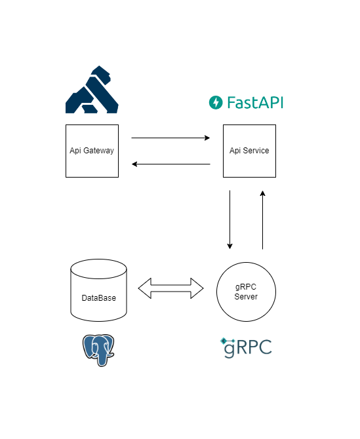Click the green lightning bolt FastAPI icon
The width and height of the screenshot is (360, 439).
coord(216,102)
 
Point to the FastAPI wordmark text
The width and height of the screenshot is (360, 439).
coord(255,102)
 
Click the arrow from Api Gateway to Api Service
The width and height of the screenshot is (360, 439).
coord(170,138)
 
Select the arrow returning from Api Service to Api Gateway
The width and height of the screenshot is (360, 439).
coord(171,164)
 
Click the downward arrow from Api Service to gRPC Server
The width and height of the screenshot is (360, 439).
coord(230,220)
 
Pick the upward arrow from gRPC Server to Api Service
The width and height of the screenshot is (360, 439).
coord(262,220)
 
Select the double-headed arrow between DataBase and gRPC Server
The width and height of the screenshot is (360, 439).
coord(171,288)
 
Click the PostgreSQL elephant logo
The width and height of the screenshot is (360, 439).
coord(98,351)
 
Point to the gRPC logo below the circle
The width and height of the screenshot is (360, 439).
coord(246,348)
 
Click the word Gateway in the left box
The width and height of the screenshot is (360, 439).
coord(98,151)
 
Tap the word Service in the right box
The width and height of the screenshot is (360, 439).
coord(256,151)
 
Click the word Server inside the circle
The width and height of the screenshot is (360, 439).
coord(246,297)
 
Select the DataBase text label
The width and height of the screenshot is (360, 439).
coord(98,298)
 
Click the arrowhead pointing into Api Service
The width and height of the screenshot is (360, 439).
coord(207,138)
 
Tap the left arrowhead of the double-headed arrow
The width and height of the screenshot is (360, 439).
coord(144,288)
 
